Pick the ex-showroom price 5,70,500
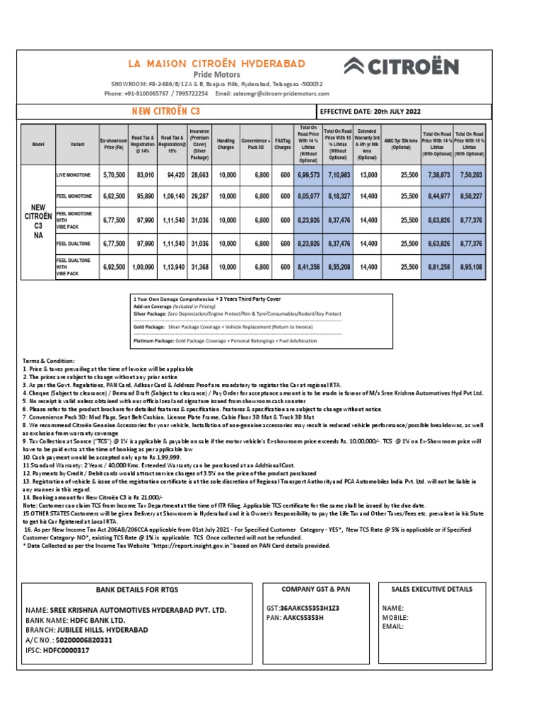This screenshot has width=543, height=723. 113,174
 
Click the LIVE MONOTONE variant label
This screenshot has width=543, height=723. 74,174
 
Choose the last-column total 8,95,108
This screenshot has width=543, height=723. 469,268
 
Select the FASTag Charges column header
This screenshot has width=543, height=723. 283,145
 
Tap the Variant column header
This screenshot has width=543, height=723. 73,145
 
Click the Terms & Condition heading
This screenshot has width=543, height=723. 49,361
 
